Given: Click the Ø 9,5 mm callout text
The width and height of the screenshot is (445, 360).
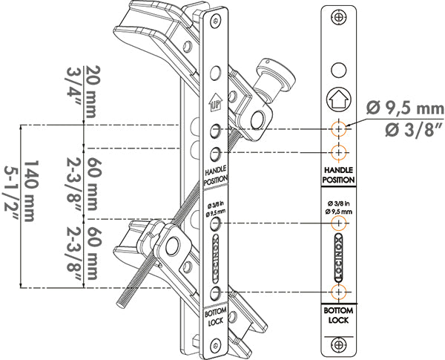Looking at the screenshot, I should [x=406, y=108].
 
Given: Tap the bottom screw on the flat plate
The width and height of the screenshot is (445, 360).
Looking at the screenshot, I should [x=339, y=343].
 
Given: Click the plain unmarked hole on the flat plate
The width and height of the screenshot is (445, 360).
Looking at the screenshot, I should [x=339, y=71].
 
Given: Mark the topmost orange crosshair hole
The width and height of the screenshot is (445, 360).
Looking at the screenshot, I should [x=339, y=128].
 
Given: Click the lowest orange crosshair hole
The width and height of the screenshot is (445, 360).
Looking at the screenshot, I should [x=339, y=290].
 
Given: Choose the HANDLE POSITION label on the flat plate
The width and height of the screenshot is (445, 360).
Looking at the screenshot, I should [x=339, y=174].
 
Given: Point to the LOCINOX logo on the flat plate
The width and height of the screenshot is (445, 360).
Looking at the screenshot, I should [x=339, y=257].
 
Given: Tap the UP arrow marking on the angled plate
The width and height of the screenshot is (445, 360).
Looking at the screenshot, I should [x=215, y=105].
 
